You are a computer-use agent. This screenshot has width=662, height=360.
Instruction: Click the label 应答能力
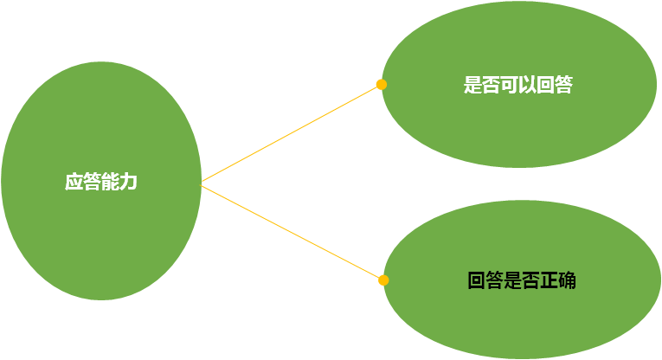(101, 183)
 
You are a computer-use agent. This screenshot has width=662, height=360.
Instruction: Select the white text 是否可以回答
(517, 86)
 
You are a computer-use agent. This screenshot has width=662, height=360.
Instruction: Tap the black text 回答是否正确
(521, 280)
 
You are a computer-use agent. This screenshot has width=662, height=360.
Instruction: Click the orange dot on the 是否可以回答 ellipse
(381, 85)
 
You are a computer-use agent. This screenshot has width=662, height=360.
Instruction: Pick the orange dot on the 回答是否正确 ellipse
(383, 280)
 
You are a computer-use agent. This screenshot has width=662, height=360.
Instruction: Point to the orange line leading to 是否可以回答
(291, 134)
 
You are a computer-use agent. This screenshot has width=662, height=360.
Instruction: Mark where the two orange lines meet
(202, 183)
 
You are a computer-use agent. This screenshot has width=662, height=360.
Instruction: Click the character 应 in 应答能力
(74, 183)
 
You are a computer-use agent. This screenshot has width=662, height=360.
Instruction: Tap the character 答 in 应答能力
(92, 183)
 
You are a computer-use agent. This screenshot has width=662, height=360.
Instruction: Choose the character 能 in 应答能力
(110, 183)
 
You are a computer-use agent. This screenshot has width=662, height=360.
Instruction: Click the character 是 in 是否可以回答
(472, 86)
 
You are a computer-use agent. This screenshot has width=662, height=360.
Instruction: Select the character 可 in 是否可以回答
(509, 86)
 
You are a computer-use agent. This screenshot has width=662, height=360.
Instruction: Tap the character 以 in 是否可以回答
(527, 86)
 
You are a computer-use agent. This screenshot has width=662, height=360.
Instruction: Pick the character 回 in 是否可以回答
(545, 86)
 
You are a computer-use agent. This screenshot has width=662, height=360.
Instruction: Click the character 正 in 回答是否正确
(549, 280)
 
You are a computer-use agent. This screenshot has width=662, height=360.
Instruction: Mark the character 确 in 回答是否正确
(567, 280)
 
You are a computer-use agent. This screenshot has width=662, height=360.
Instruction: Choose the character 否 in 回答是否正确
(530, 280)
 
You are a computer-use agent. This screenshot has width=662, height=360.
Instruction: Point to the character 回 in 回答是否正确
(476, 280)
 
